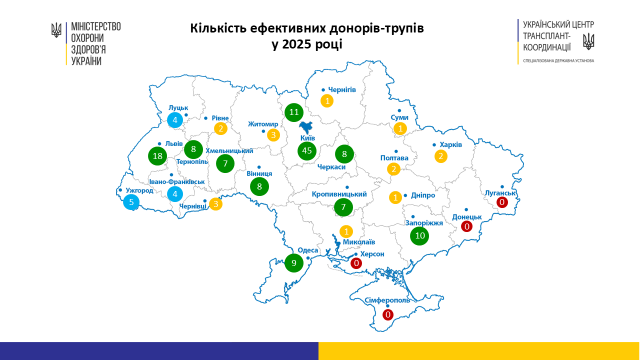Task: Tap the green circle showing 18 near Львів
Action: click(157, 156)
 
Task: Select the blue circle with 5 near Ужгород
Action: click(131, 202)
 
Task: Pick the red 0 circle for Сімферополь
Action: click(387, 314)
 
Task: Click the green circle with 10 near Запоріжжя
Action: click(419, 235)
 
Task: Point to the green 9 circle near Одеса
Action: click(294, 262)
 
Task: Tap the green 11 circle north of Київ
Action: click(293, 112)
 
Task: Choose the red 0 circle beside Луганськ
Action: click(502, 202)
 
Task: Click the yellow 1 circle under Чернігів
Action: click(327, 101)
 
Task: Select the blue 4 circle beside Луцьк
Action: click(175, 119)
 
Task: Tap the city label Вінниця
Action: click(259, 173)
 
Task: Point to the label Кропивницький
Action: click(339, 194)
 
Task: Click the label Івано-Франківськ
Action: click(176, 181)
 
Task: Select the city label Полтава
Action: click(394, 158)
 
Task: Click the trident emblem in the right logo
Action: click(589, 41)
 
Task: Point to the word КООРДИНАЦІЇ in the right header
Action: click(547, 47)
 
